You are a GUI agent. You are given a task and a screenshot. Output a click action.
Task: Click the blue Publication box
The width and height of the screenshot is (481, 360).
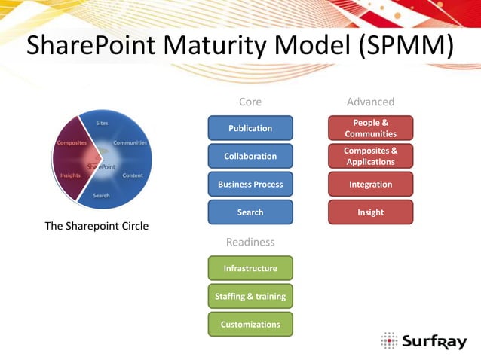tap(250, 128)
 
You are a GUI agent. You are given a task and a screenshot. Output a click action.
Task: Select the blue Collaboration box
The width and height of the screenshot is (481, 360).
tap(250, 156)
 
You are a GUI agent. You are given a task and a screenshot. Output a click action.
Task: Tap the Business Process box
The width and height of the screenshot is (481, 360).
tap(250, 184)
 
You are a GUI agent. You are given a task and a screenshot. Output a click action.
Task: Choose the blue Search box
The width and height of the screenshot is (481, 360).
tap(250, 212)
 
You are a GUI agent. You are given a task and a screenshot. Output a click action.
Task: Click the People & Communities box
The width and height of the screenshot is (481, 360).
tap(370, 128)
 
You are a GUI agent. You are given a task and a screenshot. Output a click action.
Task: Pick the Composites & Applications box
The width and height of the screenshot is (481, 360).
tap(370, 156)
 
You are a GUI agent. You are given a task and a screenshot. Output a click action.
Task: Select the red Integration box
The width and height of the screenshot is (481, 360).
tap(370, 184)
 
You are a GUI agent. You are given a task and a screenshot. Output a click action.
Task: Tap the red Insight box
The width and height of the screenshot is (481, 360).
tap(370, 212)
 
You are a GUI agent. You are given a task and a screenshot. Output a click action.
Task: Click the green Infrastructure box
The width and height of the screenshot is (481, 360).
tap(250, 268)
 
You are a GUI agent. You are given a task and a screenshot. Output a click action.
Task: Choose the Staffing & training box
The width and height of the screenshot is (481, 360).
tap(250, 296)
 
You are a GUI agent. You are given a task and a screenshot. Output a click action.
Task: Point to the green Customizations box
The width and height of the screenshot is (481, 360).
tap(250, 324)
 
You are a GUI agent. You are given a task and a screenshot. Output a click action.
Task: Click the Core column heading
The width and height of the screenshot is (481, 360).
tap(250, 102)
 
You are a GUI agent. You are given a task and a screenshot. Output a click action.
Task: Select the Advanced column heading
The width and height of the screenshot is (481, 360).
tap(370, 102)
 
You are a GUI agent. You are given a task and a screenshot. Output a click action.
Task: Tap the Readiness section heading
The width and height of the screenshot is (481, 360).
tap(250, 242)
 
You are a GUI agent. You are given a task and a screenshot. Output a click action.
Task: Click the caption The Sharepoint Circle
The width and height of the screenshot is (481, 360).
tap(96, 226)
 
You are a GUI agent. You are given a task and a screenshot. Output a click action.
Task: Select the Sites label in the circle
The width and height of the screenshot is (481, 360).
tap(101, 123)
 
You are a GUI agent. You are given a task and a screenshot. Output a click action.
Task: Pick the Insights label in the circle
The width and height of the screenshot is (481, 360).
tap(70, 175)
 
